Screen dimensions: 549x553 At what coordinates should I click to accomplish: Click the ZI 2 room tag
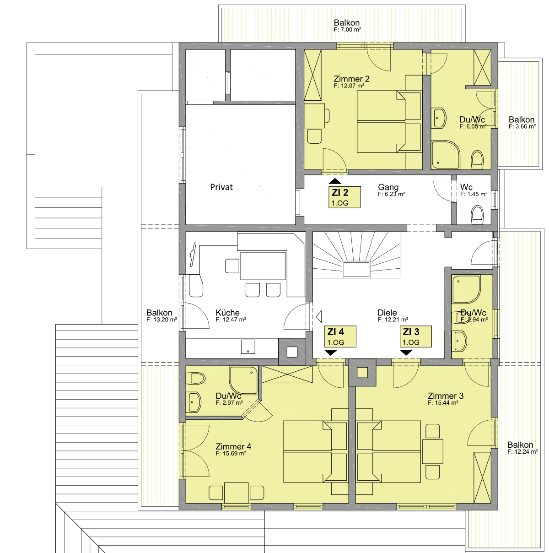coord(344,197)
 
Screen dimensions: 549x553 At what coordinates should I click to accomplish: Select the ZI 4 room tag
coord(340,336)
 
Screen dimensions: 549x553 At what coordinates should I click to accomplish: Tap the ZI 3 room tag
coord(415,336)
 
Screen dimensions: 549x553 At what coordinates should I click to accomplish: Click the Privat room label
coord(221,187)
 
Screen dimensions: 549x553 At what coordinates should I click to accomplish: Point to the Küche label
coord(227,313)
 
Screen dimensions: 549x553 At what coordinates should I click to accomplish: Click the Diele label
coord(387,313)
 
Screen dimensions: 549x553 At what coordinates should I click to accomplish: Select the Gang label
coord(388,187)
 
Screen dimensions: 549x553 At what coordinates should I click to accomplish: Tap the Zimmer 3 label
coord(446,396)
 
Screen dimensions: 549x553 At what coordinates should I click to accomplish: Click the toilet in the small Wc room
coord(477,215)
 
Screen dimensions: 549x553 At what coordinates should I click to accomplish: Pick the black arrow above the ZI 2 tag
coord(335,181)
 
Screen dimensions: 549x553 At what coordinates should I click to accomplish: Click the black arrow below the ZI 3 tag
coord(406,352)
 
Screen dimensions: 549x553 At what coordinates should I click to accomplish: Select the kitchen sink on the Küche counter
coord(248,347)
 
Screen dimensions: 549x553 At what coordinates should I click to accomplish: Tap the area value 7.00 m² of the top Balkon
coord(347,30)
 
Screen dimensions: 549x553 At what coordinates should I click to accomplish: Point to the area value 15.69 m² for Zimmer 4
coord(231,453)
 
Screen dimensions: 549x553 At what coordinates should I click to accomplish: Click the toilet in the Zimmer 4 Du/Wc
coord(195,378)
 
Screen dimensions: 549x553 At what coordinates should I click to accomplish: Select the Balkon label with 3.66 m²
coord(522,119)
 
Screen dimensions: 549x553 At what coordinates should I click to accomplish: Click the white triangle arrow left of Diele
coord(319,317)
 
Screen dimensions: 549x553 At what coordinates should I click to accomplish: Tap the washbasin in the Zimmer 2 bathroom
coord(439,118)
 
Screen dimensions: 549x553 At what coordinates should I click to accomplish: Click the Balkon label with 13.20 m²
coord(159,313)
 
